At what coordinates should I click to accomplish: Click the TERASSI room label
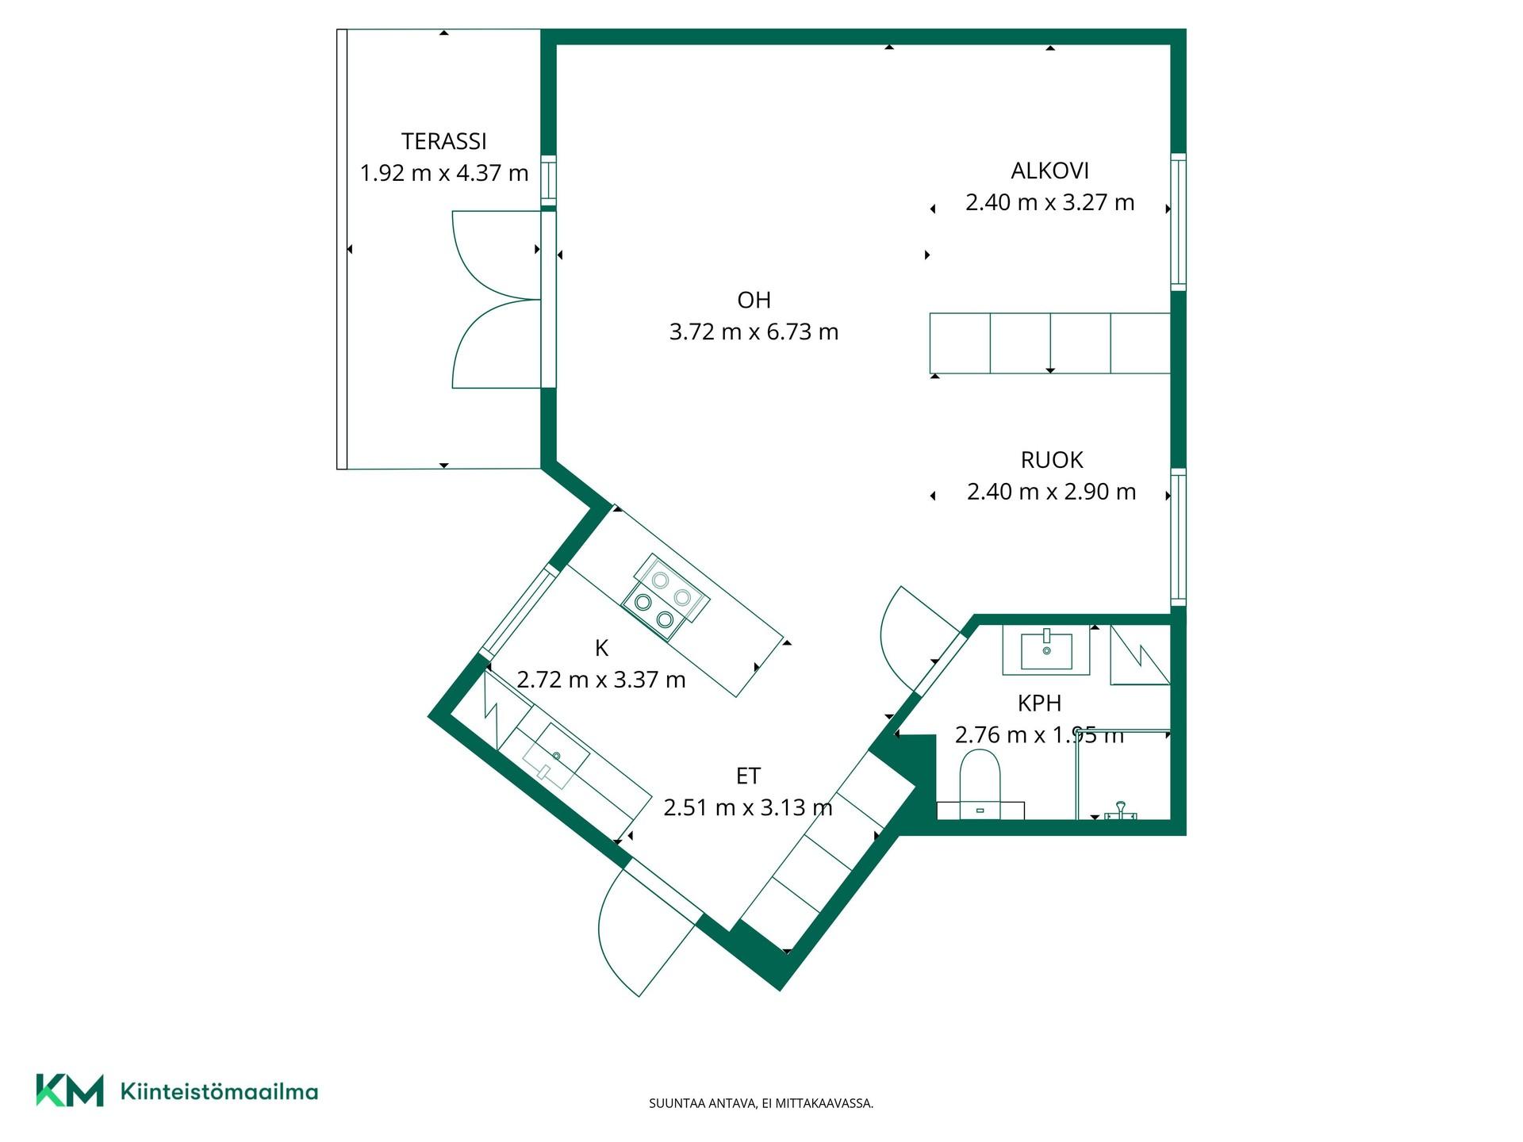pos(443,141)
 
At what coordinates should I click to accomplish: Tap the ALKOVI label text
pos(1049,171)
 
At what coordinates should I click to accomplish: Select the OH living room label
pos(754,300)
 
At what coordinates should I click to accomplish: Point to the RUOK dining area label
pos(1052,460)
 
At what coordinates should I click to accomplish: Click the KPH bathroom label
pos(1039,703)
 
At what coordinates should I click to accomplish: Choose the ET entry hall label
pos(748,776)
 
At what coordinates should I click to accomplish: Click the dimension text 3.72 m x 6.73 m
pos(754,331)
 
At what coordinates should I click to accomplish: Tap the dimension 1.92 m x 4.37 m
pos(444,173)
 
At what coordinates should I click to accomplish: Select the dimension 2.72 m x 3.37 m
pos(601,680)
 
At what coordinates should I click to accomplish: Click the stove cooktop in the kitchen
pos(666,596)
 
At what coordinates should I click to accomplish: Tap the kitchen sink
pos(555,756)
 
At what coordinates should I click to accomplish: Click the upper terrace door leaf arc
pos(468,255)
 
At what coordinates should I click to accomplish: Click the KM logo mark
pos(70,1090)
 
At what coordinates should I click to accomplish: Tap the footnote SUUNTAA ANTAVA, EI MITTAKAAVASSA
pos(761,1103)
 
